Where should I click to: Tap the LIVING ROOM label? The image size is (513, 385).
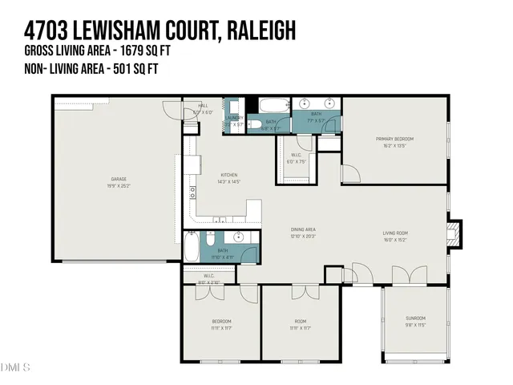click(396, 233)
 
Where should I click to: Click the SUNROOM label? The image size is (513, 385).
click(415, 318)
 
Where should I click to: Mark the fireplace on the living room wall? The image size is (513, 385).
click(454, 233)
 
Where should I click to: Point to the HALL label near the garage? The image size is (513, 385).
click(204, 105)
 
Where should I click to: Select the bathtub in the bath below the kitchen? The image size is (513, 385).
click(191, 245)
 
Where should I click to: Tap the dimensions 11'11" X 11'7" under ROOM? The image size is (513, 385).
click(300, 328)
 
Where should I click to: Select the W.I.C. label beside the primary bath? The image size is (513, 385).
click(296, 155)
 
